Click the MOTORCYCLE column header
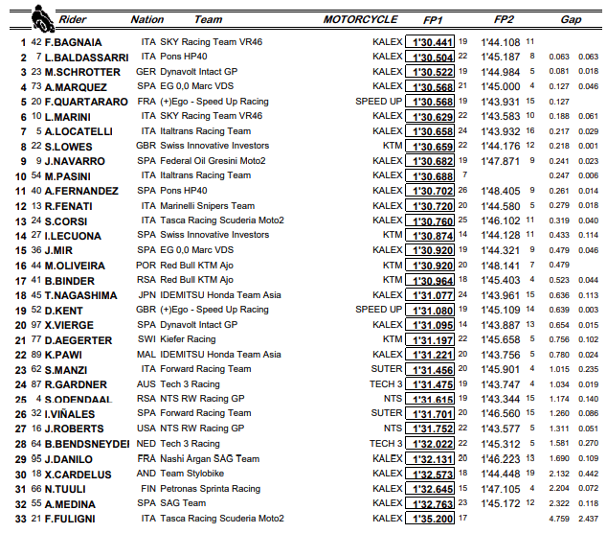360,19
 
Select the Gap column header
571,19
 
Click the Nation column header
147,19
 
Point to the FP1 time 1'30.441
432,42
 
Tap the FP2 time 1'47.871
500,161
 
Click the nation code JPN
147,295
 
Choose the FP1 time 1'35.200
432,519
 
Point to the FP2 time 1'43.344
500,399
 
